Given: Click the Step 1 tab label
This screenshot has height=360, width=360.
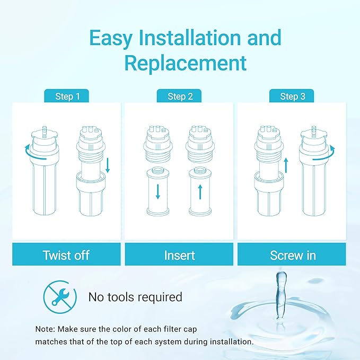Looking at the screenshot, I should coord(68,96).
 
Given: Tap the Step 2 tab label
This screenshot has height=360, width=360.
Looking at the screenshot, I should coord(180,96).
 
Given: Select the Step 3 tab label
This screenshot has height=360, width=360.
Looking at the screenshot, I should coord(292,96).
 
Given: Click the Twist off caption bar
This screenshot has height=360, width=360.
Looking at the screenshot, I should coord(67,255).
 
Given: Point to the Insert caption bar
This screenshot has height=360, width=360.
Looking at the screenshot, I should coord(179,255).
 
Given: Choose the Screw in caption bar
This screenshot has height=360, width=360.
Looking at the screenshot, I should coord(293,255).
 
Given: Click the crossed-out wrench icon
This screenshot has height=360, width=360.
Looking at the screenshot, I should coord(57,296).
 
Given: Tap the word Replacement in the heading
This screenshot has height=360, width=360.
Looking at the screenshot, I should coord(186,63).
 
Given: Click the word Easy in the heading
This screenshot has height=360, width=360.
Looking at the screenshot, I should coord(112,38).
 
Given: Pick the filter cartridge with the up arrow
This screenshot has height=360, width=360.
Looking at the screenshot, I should coord(199,192).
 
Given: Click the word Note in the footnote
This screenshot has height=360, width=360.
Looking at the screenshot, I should coord(44,329).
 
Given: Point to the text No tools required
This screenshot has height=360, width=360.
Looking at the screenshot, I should coord(135,297).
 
